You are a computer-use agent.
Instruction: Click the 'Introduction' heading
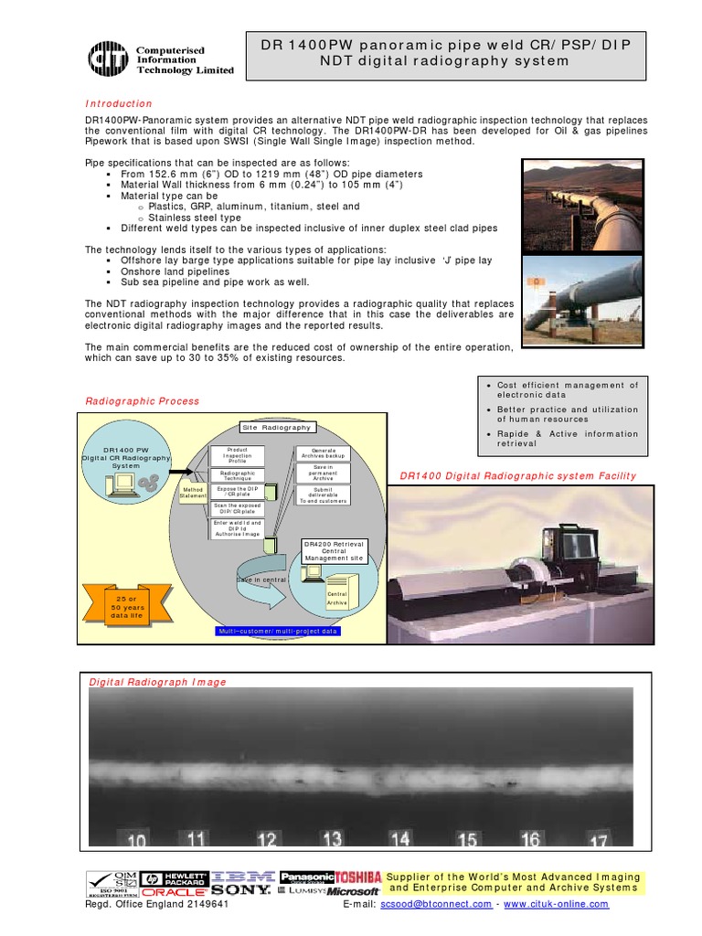[119, 104]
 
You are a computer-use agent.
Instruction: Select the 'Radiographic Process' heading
[142, 401]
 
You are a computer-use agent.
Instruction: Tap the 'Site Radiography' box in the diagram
[276, 427]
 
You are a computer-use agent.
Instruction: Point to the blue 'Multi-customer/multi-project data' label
[277, 631]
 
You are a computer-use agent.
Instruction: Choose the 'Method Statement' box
[193, 493]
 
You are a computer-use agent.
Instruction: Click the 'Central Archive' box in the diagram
[337, 598]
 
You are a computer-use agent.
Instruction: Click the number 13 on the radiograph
[332, 838]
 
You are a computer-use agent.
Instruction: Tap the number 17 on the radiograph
[599, 839]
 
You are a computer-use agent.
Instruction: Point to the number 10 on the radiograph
[136, 841]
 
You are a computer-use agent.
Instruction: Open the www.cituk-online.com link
[555, 904]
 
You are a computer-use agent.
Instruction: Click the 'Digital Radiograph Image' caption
[156, 682]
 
